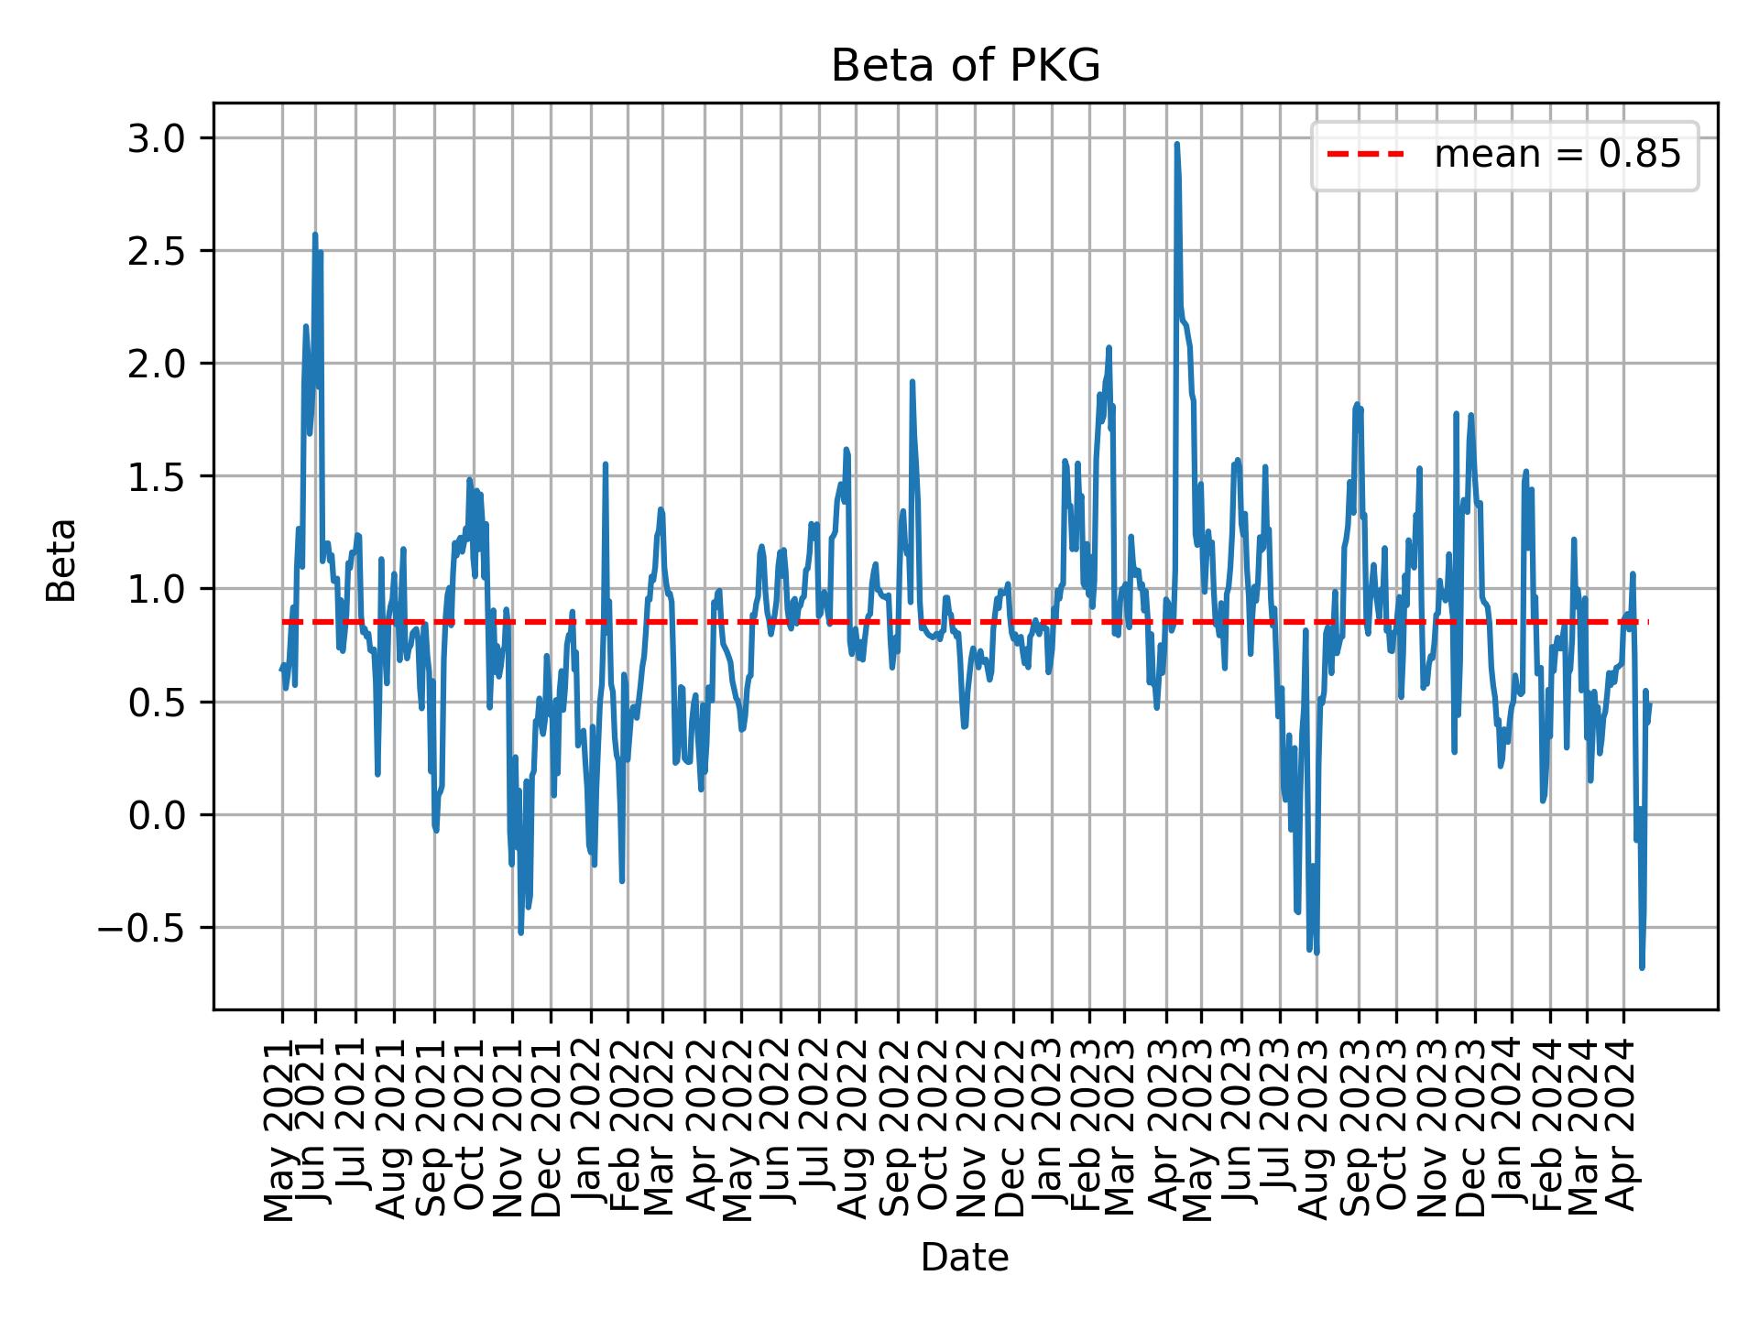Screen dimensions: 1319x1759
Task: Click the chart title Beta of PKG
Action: (965, 66)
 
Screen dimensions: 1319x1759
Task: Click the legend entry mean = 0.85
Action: (1557, 156)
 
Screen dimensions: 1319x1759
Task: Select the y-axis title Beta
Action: (61, 560)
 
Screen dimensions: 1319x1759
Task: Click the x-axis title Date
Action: (965, 1258)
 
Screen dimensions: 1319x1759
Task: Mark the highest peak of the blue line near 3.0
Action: (1176, 145)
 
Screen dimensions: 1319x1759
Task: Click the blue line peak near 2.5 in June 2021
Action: (315, 235)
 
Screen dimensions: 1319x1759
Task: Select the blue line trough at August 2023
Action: (1317, 953)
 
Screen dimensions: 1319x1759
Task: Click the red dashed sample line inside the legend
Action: (1365, 156)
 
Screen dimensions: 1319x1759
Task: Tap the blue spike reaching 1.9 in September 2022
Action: (912, 382)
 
